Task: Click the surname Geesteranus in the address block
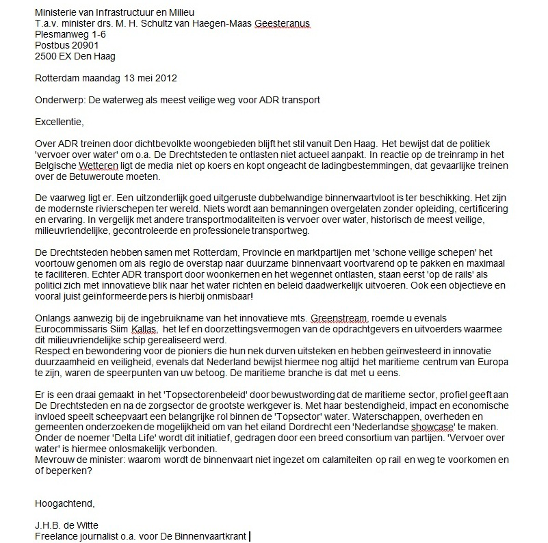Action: [x=283, y=25]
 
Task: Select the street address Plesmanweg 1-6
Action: [x=71, y=35]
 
